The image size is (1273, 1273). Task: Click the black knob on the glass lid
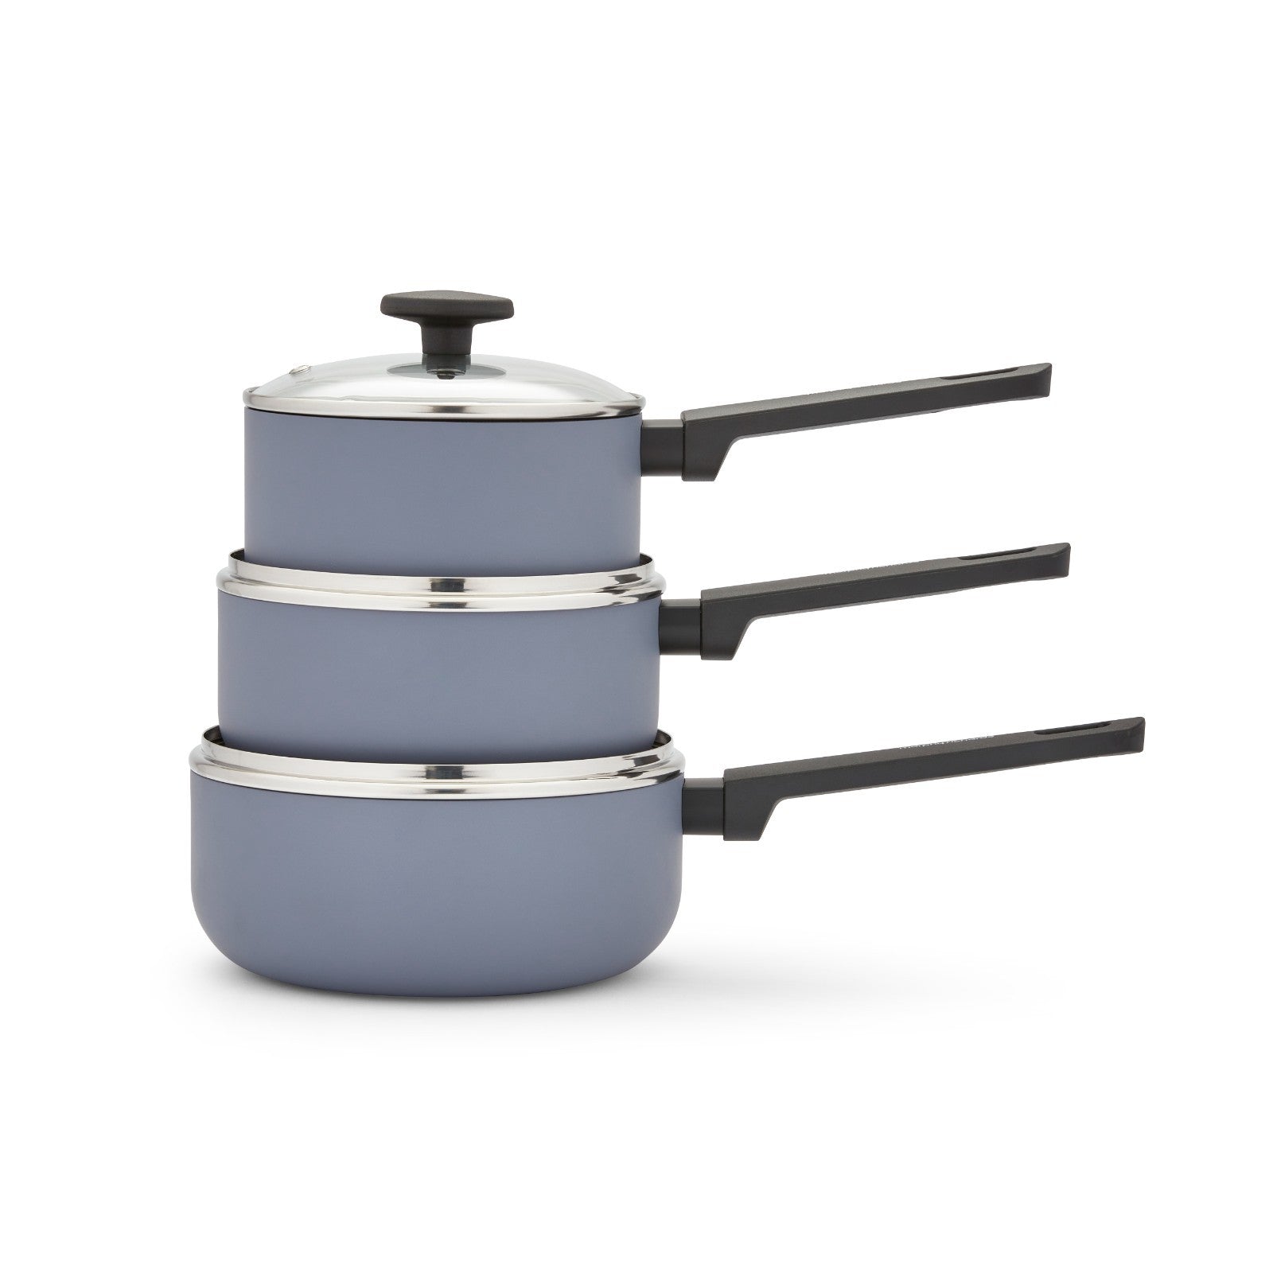pos(446,306)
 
